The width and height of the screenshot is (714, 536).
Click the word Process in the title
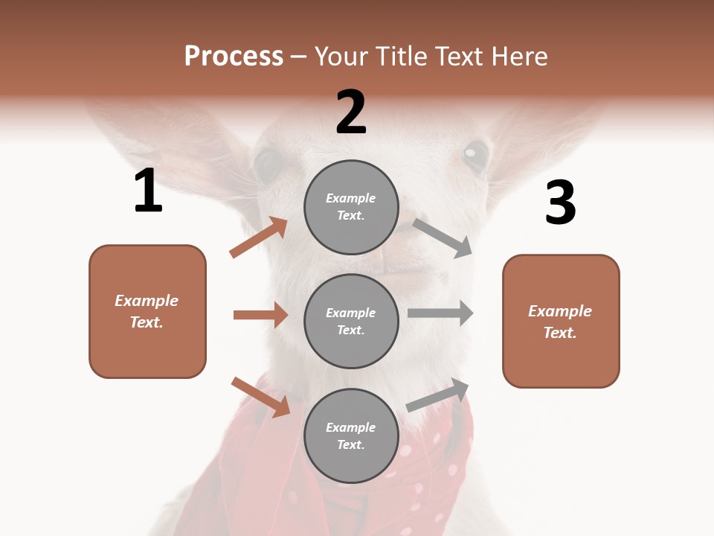[x=234, y=57]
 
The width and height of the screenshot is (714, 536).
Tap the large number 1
[x=148, y=191]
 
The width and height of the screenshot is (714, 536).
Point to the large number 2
[x=351, y=112]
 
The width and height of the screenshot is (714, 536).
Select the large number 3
[x=560, y=203]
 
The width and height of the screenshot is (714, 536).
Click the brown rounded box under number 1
[x=147, y=311]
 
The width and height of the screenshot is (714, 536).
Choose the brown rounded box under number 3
[x=561, y=321]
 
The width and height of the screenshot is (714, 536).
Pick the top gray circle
[x=351, y=207]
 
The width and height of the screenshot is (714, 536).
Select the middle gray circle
[x=351, y=321]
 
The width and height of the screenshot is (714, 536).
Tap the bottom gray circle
[x=351, y=435]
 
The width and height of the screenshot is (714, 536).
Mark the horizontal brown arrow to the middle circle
[x=260, y=315]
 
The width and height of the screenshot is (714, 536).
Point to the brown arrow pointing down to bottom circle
[x=260, y=397]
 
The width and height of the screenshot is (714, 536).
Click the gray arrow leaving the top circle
[x=443, y=237]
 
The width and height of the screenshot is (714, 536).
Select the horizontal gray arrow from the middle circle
[x=440, y=313]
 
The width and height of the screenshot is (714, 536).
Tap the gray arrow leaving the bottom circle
[x=437, y=395]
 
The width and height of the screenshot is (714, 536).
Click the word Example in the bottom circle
[x=351, y=427]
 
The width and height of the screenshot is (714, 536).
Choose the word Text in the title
[x=460, y=57]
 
